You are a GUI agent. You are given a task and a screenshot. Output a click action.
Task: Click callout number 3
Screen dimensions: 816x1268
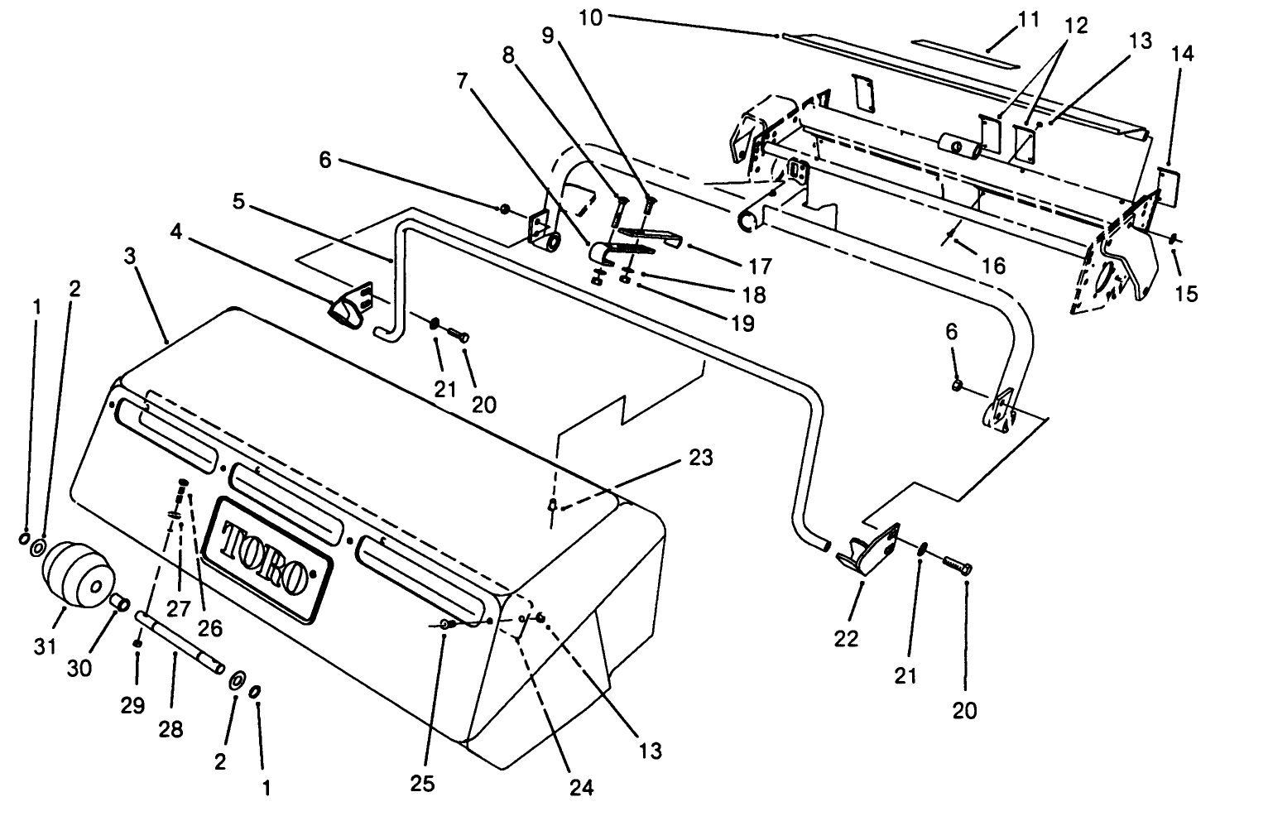point(129,255)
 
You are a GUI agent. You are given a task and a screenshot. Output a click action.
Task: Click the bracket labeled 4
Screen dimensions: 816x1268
point(349,305)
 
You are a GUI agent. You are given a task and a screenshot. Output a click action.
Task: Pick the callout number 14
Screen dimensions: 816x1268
point(1183,55)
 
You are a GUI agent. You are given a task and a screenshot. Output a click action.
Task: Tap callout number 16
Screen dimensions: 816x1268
point(992,265)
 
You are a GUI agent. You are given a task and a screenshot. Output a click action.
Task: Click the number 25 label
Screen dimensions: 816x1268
point(423,783)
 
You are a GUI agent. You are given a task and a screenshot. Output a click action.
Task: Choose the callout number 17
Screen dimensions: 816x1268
point(759,266)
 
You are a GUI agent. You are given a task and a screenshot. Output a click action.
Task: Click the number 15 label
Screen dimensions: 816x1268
point(1186,294)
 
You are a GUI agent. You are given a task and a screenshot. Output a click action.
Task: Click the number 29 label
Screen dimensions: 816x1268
point(132,705)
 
